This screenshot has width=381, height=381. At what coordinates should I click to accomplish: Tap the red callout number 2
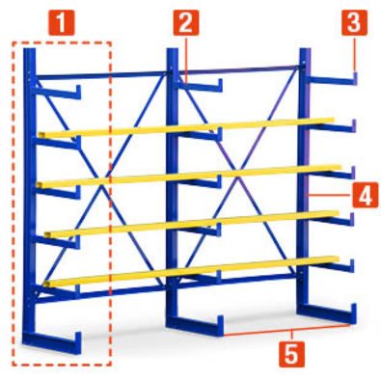point(186,21)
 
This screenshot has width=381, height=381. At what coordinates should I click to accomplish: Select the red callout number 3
point(355,21)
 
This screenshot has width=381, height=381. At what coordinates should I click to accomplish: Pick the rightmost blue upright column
point(305,183)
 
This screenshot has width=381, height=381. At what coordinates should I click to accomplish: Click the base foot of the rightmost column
point(328,314)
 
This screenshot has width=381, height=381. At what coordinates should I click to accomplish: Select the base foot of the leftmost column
point(53,340)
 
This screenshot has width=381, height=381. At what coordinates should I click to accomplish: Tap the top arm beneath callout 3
point(333,78)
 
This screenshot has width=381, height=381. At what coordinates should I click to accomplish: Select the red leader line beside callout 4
point(333,194)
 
